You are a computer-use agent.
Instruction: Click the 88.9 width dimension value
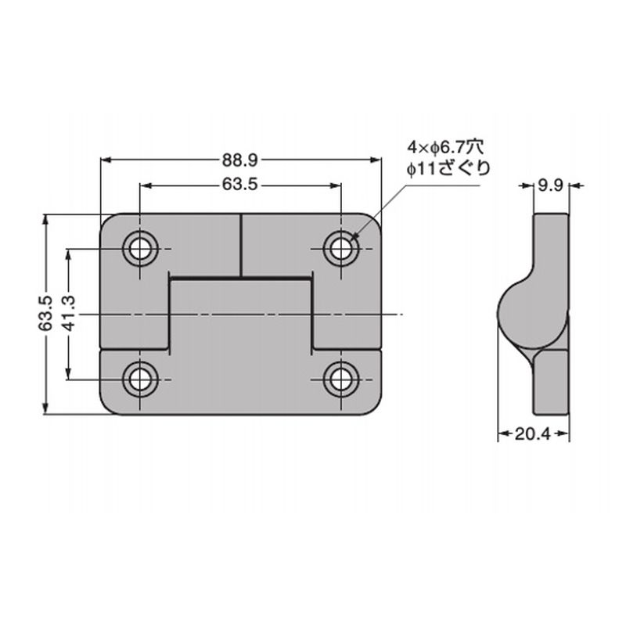point(240,160)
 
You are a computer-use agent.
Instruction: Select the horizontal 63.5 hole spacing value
point(240,185)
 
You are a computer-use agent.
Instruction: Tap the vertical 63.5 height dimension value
point(45,314)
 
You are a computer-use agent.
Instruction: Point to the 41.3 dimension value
point(69,314)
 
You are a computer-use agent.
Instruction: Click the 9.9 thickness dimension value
point(551,185)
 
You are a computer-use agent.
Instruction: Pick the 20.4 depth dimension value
point(533,434)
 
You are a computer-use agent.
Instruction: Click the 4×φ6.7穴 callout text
point(445,147)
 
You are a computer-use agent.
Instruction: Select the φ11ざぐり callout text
point(448,168)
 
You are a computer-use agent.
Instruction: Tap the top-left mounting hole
point(140,249)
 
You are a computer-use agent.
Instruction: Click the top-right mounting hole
point(341,249)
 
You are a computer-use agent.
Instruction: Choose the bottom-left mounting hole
point(140,380)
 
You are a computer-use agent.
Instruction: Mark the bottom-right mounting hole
point(341,380)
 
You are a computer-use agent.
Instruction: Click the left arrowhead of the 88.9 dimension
point(106,160)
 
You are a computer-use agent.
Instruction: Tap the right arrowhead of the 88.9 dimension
point(376,160)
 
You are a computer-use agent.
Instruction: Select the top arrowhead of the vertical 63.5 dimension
point(45,220)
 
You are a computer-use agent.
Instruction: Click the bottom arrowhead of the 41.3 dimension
point(69,374)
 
